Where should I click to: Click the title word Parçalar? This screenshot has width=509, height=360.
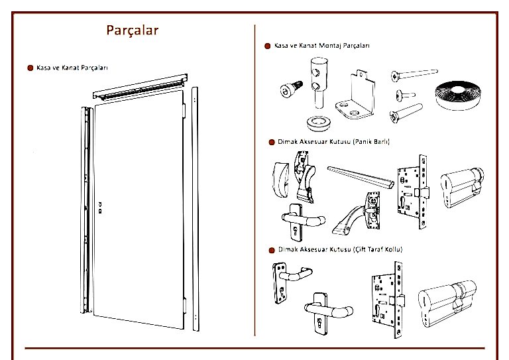pyautogui.click(x=133, y=30)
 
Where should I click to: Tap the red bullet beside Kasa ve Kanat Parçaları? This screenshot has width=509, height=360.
pyautogui.click(x=30, y=68)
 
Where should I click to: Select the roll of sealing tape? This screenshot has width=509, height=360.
pyautogui.click(x=458, y=95)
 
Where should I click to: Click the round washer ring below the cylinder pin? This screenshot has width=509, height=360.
pyautogui.click(x=318, y=123)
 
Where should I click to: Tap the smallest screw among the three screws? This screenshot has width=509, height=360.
pyautogui.click(x=405, y=95)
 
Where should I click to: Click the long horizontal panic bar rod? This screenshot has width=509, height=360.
pyautogui.click(x=361, y=177)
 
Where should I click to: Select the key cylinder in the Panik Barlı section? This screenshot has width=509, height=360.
pyautogui.click(x=462, y=187)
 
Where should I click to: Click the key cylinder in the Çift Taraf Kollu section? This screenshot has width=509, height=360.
pyautogui.click(x=447, y=303)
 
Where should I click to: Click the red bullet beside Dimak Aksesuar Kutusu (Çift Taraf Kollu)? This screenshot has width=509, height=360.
pyautogui.click(x=272, y=250)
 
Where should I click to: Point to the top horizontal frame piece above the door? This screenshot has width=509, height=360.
pyautogui.click(x=141, y=87)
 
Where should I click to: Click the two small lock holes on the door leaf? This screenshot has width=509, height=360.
pyautogui.click(x=100, y=208)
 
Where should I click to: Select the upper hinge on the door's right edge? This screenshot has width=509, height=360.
pyautogui.click(x=184, y=110)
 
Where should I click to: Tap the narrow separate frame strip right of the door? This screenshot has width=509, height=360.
pyautogui.click(x=195, y=209)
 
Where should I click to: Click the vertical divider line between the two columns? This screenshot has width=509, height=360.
pyautogui.click(x=254, y=180)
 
